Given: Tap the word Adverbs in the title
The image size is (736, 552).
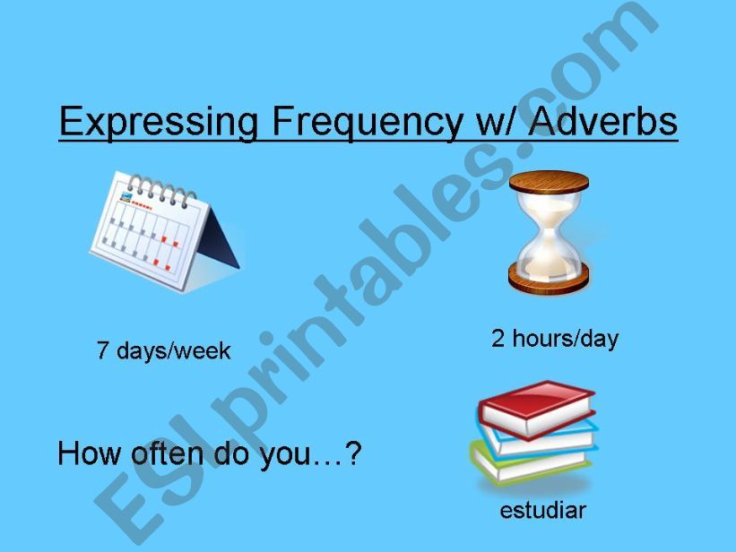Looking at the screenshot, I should coord(603,122).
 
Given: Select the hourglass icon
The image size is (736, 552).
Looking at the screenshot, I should coord(548,232).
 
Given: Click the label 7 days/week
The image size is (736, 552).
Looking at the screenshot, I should coord(163,350).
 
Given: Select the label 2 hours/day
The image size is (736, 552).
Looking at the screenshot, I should coord(554,339).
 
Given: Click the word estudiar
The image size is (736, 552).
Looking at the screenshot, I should coord(542,511).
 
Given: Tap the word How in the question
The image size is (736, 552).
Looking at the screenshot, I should coord(85,454).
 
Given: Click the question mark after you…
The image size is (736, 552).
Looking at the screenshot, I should coord(353,454).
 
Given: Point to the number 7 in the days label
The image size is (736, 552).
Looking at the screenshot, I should coord(102,350).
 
